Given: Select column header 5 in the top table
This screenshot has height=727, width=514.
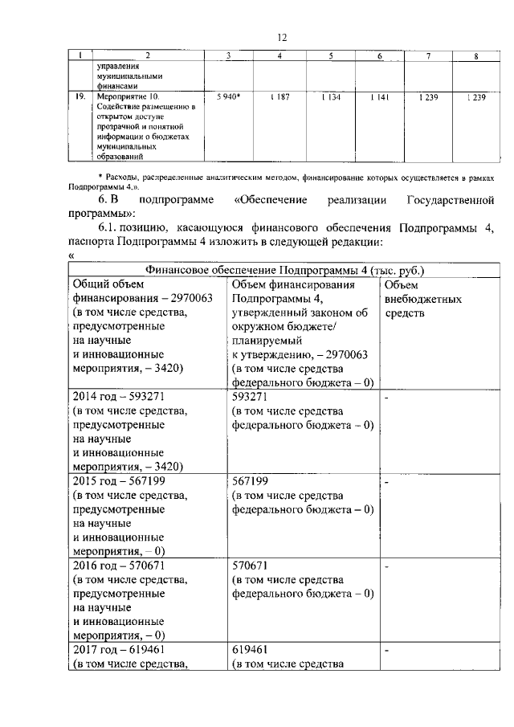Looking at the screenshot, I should (331, 55).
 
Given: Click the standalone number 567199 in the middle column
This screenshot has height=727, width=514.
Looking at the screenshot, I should (250, 481).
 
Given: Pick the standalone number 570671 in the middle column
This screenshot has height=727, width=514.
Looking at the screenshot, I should (250, 566).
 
